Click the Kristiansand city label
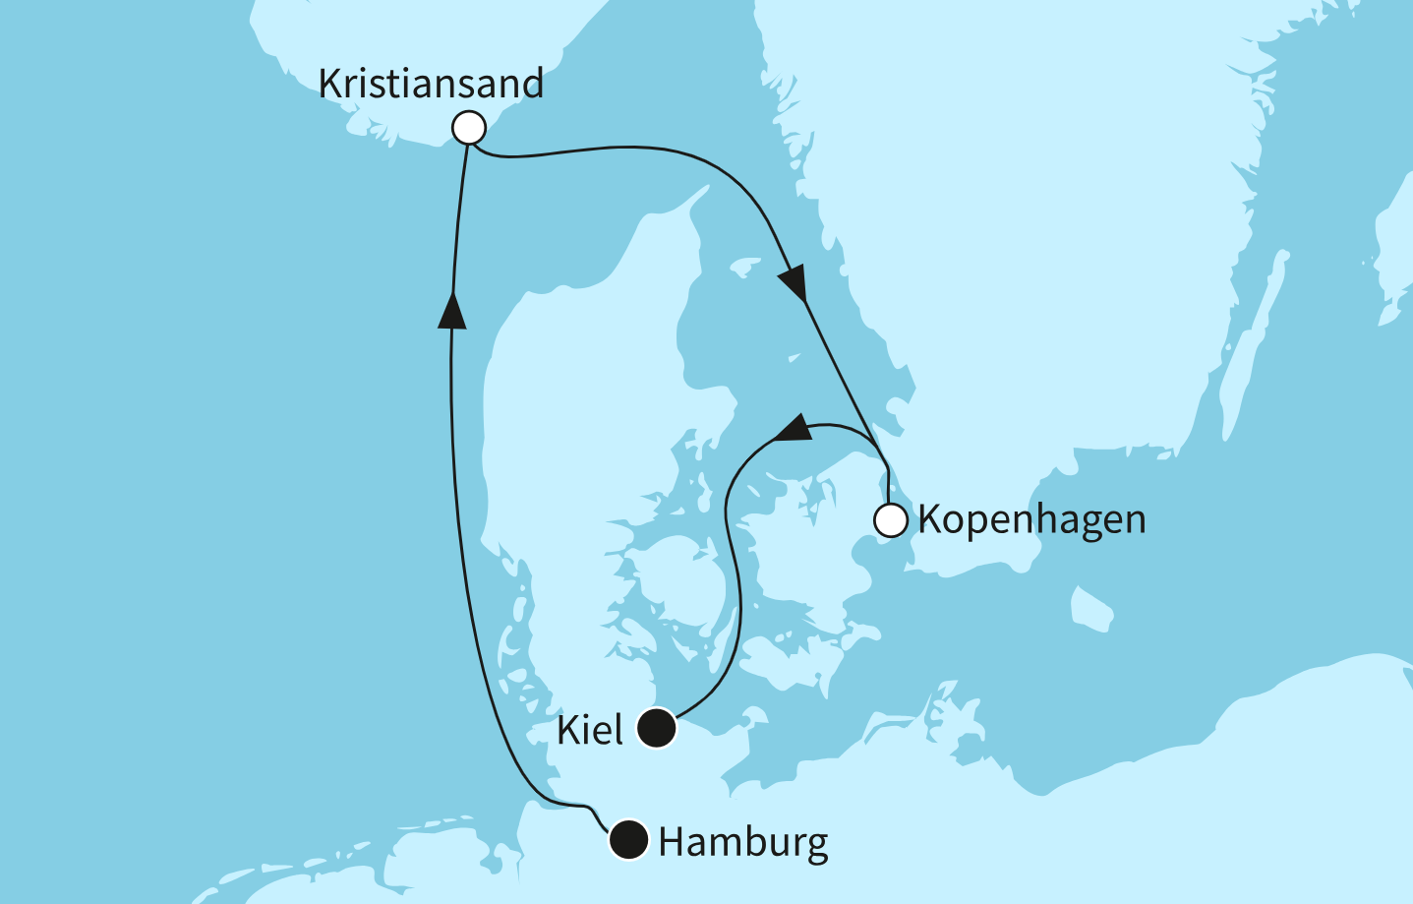pos(431,84)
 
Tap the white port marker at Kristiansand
pos(469,128)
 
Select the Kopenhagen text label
pos(1031,519)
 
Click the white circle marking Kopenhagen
pos(891,520)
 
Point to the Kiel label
pos(590,730)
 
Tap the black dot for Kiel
pos(657,729)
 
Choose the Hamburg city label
pos(743,842)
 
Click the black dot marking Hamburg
pos(629,840)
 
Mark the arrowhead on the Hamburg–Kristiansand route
pos(451,310)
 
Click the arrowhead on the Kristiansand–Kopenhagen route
pos(794,283)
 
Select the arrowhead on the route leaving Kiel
pos(792,430)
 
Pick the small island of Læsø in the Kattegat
pos(745,267)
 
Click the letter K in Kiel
pos(566,730)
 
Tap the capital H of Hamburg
pos(673,842)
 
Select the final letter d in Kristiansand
pos(531,84)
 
